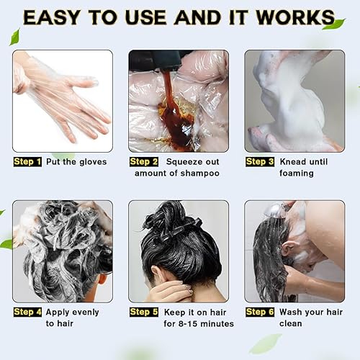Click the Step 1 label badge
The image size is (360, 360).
coord(27,161)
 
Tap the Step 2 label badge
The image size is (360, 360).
coord(143,161)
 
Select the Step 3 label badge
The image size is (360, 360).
coord(260,161)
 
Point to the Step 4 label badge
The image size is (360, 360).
coord(27,312)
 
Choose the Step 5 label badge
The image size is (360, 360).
coord(143,312)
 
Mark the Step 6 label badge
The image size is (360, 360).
coord(260,312)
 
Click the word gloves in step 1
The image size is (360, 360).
coord(90,161)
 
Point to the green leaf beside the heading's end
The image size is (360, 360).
coord(333,24)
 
